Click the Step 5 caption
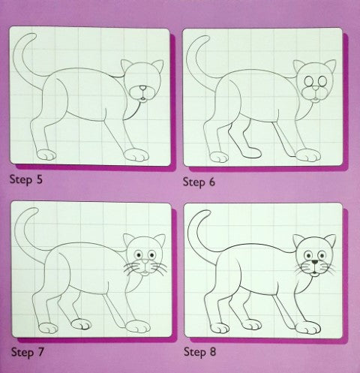pos(26,179)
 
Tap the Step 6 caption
pos(199,182)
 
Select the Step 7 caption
pos(27,352)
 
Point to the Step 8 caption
pos(199,352)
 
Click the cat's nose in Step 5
pos(142,88)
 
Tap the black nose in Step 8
pos(315,262)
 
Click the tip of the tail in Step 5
pos(34,35)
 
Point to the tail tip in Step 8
pos(207,212)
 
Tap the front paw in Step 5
pos(136,155)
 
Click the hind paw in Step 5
pos(46,155)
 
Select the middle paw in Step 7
pos(81,324)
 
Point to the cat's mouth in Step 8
pos(315,273)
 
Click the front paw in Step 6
pos(308,155)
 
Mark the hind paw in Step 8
pos(220,328)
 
